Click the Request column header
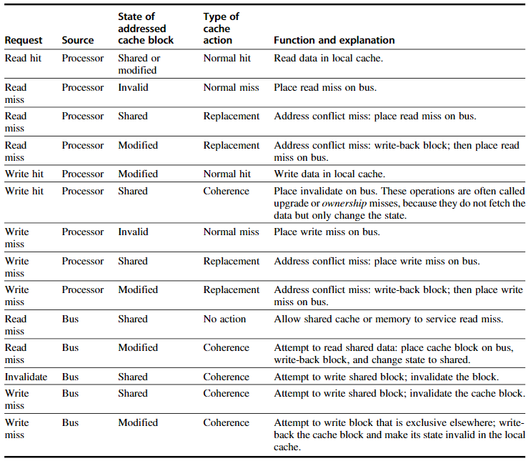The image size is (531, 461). tap(24, 40)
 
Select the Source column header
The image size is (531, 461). tap(78, 40)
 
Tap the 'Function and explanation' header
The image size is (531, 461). tap(334, 40)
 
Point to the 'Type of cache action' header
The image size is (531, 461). tap(221, 29)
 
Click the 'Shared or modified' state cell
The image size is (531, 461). tap(139, 64)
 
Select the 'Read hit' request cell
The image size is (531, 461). tap(23, 59)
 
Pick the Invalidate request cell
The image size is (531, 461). tap(26, 377)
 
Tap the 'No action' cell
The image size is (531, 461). tap(224, 319)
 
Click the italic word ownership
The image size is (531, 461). tap(344, 203)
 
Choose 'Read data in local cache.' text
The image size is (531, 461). tap(328, 59)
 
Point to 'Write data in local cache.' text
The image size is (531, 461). tap(329, 174)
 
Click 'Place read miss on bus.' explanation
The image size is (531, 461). tap(325, 87)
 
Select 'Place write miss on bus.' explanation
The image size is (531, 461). tap(327, 232)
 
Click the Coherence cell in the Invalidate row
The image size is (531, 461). tap(226, 377)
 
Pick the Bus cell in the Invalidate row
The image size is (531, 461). tap(70, 377)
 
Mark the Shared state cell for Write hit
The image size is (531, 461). tap(133, 191)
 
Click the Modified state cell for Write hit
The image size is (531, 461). tap(138, 174)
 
